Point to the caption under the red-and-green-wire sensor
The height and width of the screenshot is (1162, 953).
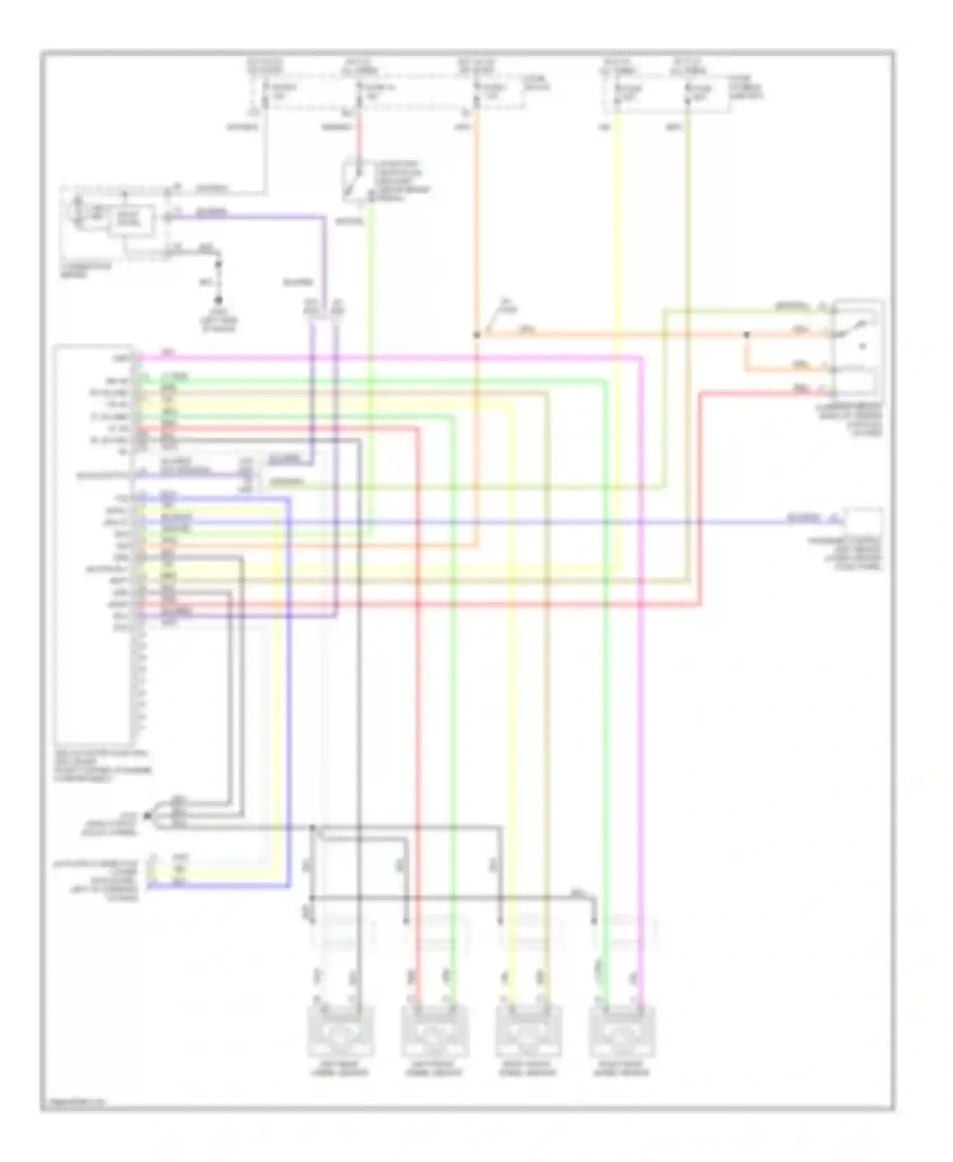[x=435, y=1069]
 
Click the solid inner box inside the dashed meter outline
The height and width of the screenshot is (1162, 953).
[x=132, y=219]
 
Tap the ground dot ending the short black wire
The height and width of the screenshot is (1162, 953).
[x=219, y=300]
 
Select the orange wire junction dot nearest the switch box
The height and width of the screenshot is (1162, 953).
[x=747, y=334]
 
